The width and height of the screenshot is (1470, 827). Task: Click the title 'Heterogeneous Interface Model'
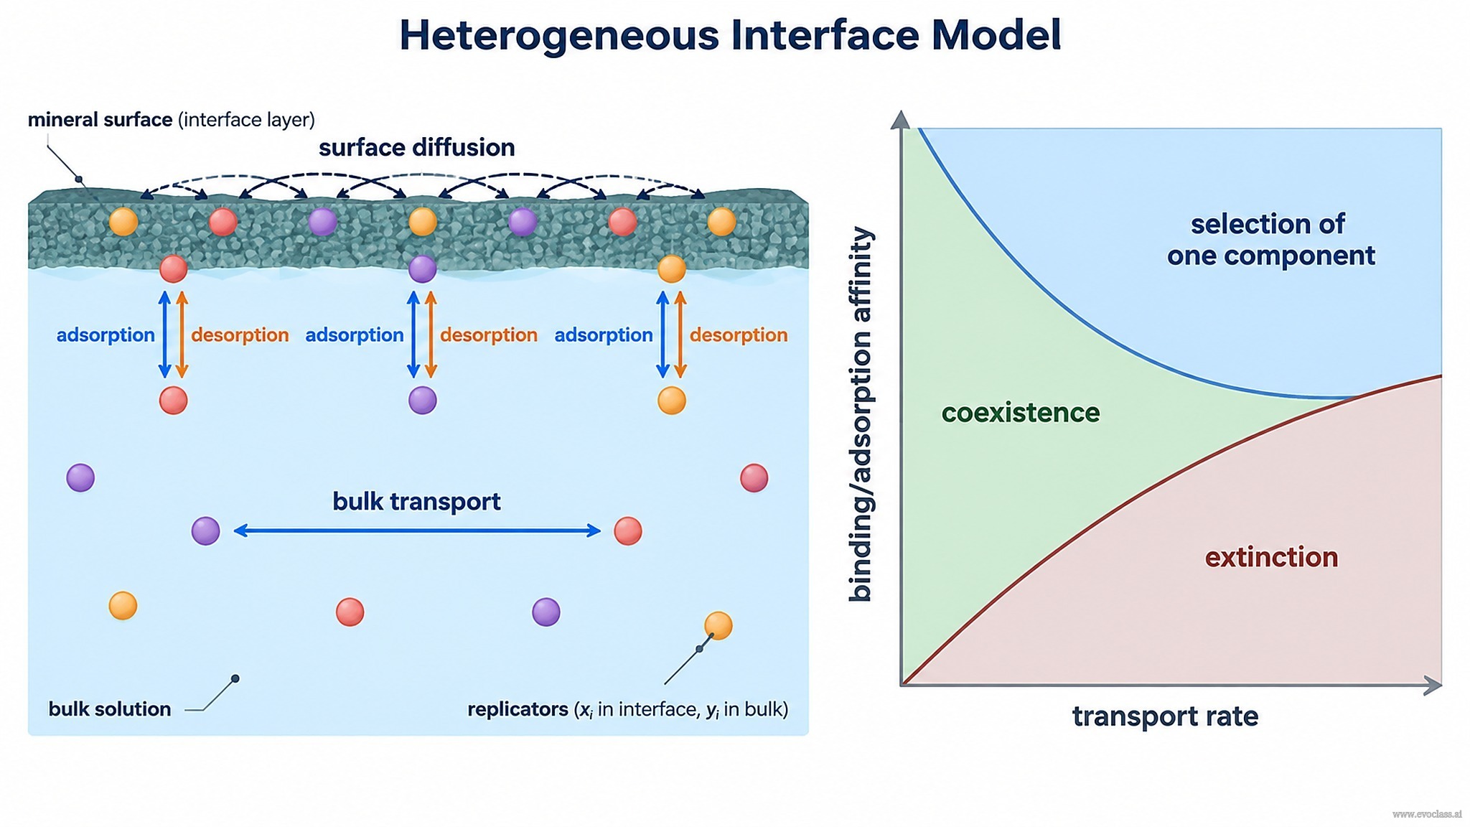730,35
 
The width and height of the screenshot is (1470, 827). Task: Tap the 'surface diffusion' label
416,147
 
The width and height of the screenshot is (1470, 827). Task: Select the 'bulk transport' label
416,501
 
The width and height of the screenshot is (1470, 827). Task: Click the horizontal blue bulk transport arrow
417,531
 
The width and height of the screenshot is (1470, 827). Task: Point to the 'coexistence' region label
1020,413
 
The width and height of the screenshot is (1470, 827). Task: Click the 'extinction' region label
1271,557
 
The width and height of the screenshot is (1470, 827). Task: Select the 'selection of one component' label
1270,240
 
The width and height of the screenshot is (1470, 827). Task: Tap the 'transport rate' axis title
1165,716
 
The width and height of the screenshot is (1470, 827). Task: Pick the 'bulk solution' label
109,709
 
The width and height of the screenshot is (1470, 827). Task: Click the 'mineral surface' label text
100,119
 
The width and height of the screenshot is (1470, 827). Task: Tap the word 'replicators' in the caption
518,709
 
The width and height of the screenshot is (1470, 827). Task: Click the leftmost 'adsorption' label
106,335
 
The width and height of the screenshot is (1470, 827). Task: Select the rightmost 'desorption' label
739,335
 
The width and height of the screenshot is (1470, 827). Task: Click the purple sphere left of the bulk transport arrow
205,531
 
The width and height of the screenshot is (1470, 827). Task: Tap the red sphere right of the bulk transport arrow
628,531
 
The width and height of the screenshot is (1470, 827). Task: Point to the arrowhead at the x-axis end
1433,686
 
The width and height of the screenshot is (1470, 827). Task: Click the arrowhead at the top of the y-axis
900,120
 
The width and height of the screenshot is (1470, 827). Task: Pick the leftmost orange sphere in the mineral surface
123,222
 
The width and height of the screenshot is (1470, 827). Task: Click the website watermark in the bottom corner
1427,814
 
